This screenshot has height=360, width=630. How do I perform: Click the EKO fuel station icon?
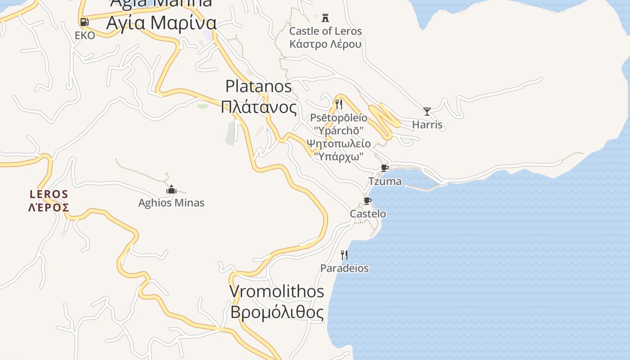[84, 22]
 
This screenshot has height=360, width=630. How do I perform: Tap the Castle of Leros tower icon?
[325, 18]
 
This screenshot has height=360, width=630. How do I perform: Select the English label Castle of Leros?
[325, 31]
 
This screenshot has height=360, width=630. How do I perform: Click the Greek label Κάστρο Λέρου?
[325, 44]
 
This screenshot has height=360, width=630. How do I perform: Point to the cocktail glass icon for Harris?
[427, 111]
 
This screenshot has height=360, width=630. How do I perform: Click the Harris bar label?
[427, 125]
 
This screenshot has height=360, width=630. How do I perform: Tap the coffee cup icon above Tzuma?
[385, 168]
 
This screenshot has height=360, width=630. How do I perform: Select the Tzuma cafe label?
[385, 181]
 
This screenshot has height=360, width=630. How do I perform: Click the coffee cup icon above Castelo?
[368, 201]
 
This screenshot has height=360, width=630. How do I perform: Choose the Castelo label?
[368, 214]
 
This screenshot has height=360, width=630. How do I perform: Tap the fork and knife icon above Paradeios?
[344, 255]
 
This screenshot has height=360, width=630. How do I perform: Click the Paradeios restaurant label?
[344, 268]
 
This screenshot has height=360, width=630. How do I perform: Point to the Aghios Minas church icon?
[171, 189]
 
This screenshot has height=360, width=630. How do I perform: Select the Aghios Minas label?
[171, 203]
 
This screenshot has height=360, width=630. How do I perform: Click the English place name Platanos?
[258, 86]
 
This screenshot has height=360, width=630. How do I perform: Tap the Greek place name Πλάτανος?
[259, 108]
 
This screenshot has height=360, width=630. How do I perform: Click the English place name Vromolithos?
[277, 291]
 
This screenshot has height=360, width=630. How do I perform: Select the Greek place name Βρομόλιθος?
[277, 312]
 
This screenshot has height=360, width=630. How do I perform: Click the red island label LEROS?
[49, 194]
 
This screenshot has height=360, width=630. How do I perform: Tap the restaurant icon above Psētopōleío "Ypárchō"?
[339, 104]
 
